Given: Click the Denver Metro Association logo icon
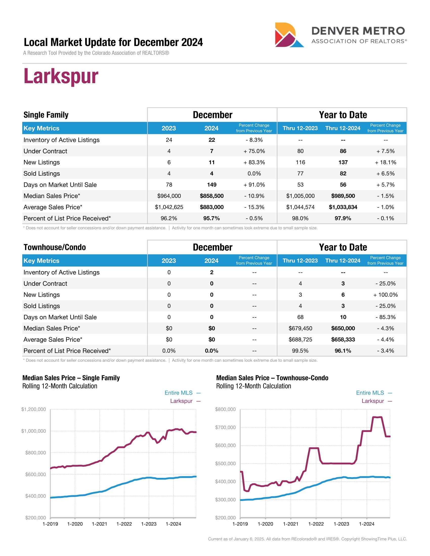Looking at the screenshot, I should click(x=289, y=35).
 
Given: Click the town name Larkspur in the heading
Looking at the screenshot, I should click(x=61, y=76).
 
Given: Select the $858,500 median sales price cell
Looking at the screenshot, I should click(x=211, y=196).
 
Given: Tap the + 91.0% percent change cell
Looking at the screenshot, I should click(x=254, y=185).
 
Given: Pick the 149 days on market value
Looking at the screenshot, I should click(x=211, y=185).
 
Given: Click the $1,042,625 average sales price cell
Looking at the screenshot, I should click(x=169, y=207).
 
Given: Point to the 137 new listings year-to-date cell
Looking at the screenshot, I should click(x=343, y=163).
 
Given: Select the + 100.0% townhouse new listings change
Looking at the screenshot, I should click(x=385, y=295).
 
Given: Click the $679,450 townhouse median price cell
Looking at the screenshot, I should click(x=300, y=328).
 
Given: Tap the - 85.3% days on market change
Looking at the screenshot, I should click(x=385, y=317).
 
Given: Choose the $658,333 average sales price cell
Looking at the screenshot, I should click(x=343, y=340).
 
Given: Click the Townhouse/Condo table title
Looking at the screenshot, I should click(x=55, y=247).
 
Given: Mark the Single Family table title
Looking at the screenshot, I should click(x=46, y=115).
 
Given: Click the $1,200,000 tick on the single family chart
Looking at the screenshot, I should click(x=34, y=409).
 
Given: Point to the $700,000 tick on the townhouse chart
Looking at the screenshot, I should click(x=225, y=427).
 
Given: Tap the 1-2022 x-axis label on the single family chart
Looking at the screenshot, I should click(x=124, y=524).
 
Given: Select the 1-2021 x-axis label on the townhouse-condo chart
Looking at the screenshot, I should click(x=291, y=524).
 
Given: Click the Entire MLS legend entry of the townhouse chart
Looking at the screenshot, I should click(x=370, y=393).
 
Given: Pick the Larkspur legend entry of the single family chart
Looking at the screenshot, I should click(x=181, y=401).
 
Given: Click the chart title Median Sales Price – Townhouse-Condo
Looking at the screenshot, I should click(x=272, y=378).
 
